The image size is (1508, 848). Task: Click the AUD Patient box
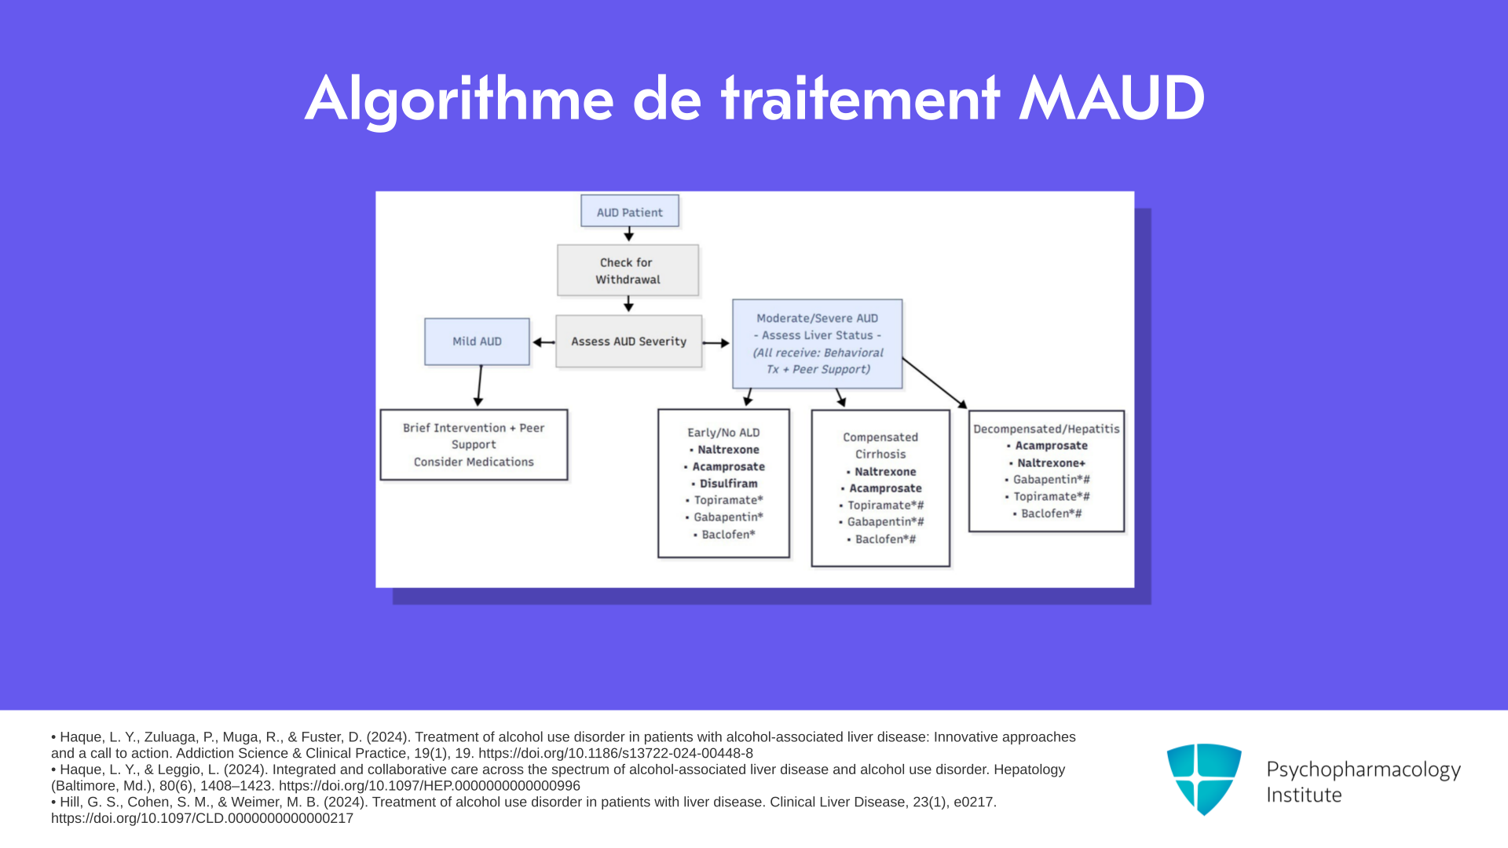point(630,211)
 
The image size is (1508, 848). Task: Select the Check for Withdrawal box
point(628,270)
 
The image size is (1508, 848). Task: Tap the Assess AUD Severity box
point(629,342)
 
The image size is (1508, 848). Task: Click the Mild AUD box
point(478,342)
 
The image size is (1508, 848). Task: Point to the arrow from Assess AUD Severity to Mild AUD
point(544,342)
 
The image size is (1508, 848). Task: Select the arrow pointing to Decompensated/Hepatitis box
point(935,383)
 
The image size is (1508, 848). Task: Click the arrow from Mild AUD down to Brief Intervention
point(479,386)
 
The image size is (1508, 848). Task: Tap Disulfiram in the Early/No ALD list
point(729,484)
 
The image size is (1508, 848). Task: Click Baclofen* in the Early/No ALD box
point(728,535)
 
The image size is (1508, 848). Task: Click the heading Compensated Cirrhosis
point(880,446)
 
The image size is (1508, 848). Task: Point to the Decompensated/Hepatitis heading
point(1046,429)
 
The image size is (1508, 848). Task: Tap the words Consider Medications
point(474,462)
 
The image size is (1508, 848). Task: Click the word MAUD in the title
point(1111,99)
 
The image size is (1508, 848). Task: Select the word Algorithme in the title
point(459,100)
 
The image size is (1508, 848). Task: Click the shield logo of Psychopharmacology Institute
point(1204,779)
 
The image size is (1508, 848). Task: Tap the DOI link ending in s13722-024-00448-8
point(616,754)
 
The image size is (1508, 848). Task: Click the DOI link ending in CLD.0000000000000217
point(202,818)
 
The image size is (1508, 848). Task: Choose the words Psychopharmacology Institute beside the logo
point(1363,782)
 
